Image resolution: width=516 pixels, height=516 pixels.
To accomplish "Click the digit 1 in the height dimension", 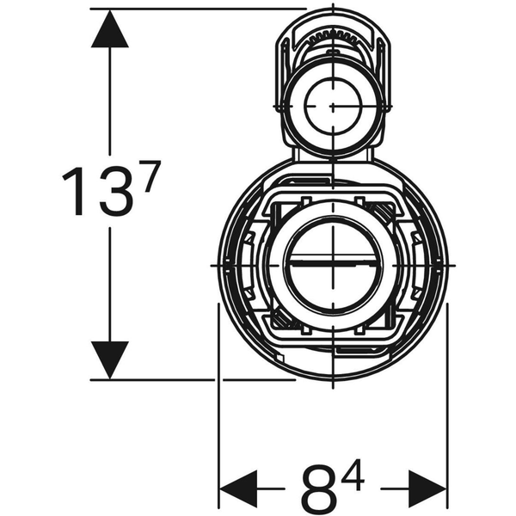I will click(x=75, y=193).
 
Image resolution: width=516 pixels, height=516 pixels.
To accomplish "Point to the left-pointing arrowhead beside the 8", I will click(x=240, y=488).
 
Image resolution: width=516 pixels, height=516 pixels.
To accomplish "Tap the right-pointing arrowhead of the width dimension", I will click(x=428, y=488).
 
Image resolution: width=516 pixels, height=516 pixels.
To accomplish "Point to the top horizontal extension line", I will click(x=198, y=8).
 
